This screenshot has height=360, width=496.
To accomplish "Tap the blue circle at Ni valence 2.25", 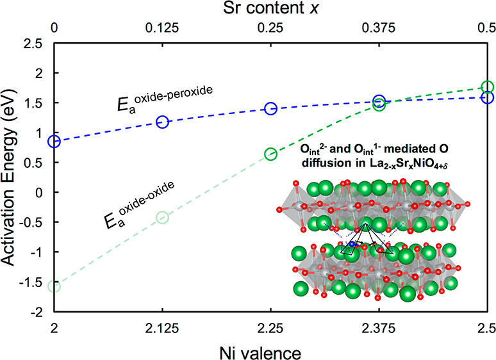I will point(270,108).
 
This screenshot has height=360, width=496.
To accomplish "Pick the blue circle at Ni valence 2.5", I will point(487,97).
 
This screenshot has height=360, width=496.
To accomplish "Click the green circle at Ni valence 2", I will point(54,286).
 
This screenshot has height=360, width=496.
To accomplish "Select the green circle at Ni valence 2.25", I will point(270,154).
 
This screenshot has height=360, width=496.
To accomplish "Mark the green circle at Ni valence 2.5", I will point(487,86).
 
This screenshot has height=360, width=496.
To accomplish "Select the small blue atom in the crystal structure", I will point(352,244).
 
